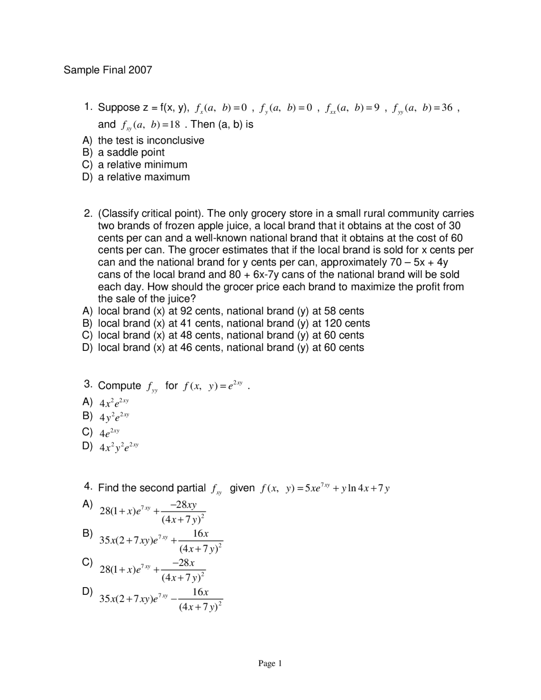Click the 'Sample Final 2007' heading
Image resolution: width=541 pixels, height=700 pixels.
tap(107, 70)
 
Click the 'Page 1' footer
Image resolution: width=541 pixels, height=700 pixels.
tap(270, 663)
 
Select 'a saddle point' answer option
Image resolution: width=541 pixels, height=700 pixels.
tap(131, 152)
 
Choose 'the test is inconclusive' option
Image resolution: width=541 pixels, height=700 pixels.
tap(151, 140)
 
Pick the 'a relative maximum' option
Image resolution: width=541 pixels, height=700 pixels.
tap(144, 177)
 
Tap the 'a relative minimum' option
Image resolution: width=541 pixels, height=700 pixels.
tap(142, 164)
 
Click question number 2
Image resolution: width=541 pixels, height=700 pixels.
tap(88, 213)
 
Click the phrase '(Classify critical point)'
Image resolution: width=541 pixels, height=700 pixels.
tap(150, 213)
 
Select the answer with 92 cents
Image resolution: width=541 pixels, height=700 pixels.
tap(231, 311)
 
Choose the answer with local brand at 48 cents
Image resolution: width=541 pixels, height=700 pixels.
tap(231, 335)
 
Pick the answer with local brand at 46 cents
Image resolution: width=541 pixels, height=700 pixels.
tap(231, 347)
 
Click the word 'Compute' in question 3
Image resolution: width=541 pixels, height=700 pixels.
tap(119, 386)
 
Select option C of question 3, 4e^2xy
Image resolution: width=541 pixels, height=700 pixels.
tap(109, 433)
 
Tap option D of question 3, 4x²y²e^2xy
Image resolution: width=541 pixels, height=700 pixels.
tap(119, 447)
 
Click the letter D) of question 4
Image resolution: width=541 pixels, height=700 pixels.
tap(87, 591)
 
